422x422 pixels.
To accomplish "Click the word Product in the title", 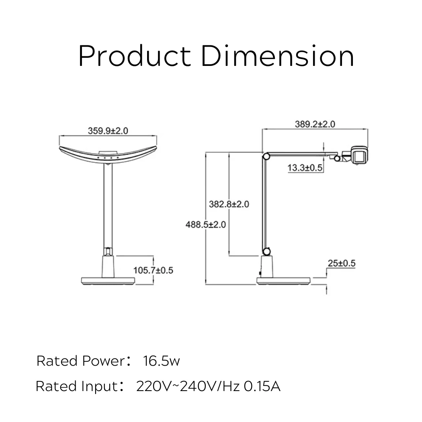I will [x=134, y=56].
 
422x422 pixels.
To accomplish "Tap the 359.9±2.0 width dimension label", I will [x=108, y=131].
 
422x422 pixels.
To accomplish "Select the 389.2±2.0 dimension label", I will [x=315, y=124].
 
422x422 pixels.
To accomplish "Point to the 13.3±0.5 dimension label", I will [x=305, y=168].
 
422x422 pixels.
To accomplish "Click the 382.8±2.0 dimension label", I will [x=229, y=204].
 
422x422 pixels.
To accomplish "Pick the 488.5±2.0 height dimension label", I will [x=205, y=224].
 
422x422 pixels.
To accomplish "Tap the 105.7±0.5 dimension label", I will [x=153, y=270].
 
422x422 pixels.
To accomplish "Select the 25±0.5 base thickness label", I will [x=341, y=264].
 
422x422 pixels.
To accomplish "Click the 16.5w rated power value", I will [x=162, y=361].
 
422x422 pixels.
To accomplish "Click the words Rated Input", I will [x=76, y=386].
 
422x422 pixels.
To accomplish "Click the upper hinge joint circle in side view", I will [x=266, y=156].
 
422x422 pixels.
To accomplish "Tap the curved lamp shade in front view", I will [x=108, y=155].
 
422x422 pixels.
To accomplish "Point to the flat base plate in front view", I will [x=108, y=281].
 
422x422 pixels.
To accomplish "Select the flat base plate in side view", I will [x=284, y=281].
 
